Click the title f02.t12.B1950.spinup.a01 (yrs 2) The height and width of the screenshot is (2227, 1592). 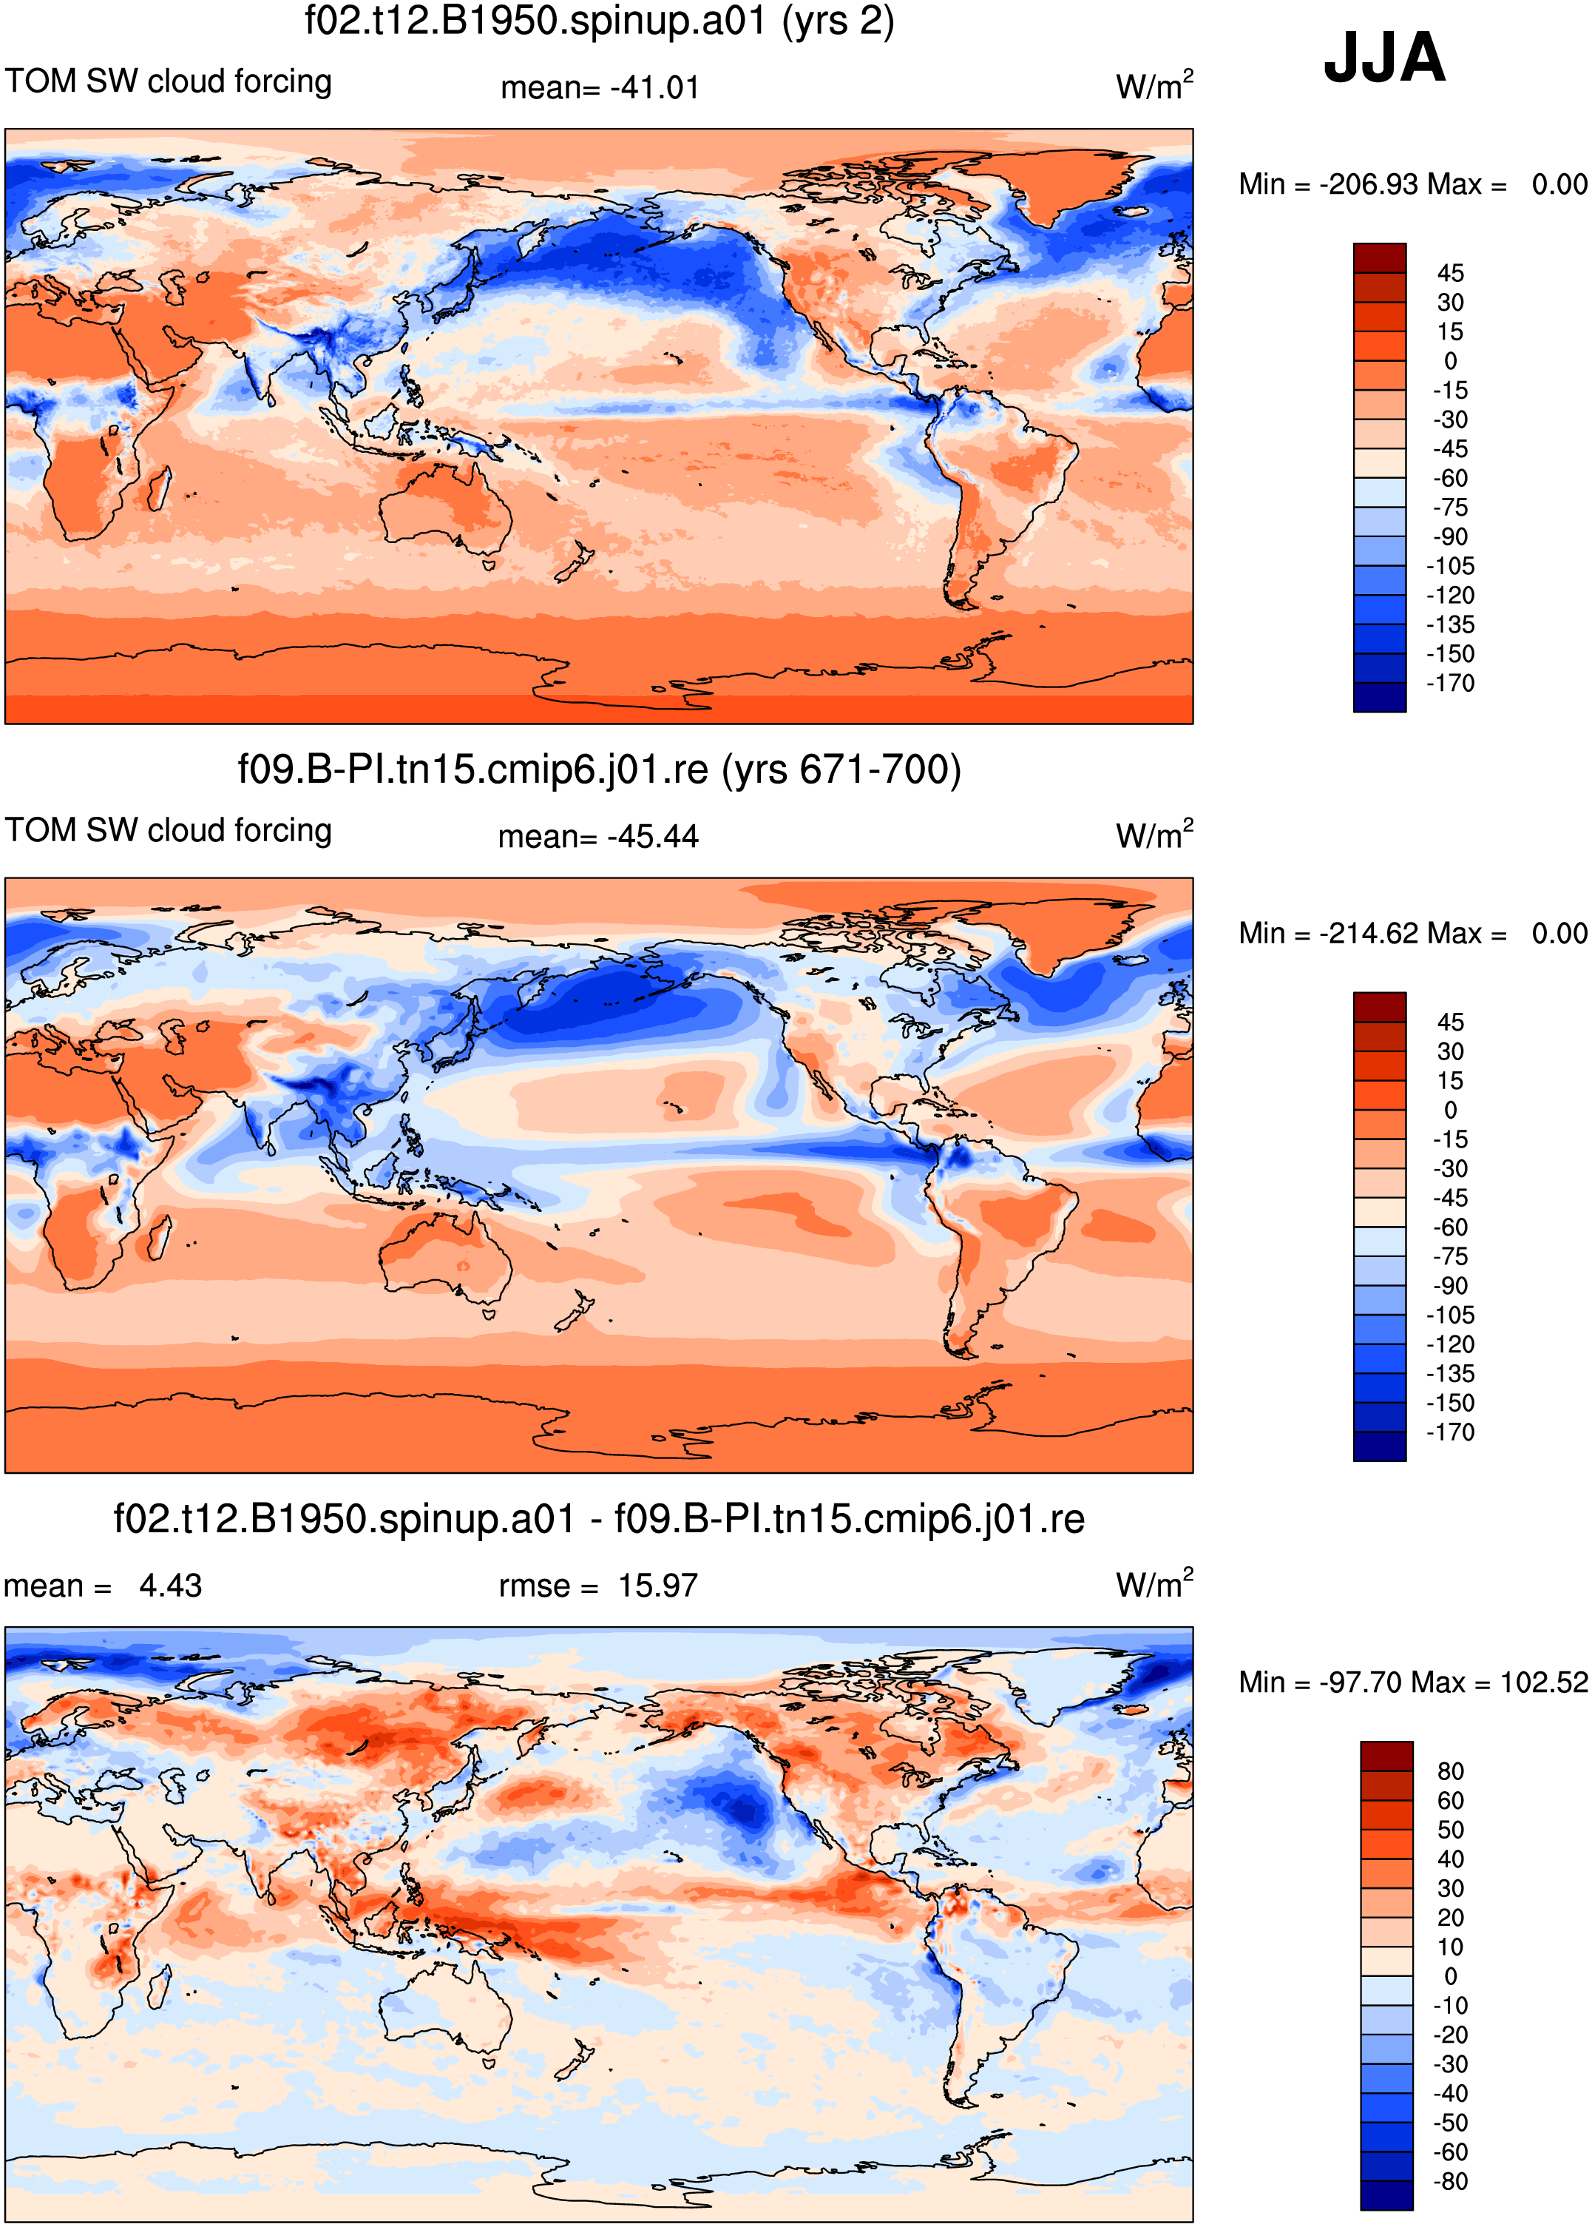click(599, 21)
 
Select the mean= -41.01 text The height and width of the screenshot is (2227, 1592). click(600, 87)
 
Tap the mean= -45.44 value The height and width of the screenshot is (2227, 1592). click(598, 837)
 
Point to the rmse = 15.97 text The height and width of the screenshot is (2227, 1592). click(598, 1586)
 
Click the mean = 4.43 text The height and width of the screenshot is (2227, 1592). click(103, 1586)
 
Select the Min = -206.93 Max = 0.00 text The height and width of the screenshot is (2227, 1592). click(1412, 184)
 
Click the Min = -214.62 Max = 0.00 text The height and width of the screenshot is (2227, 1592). click(1412, 934)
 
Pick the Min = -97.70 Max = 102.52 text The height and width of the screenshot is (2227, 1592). click(1412, 1682)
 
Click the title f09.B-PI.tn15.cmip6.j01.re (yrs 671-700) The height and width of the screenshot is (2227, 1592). click(599, 769)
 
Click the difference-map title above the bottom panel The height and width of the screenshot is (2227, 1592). click(599, 1519)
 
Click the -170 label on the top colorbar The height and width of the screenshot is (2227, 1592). click(1450, 684)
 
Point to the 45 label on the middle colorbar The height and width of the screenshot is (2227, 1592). click(1450, 1022)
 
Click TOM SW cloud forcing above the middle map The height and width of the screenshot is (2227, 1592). click(169, 831)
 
